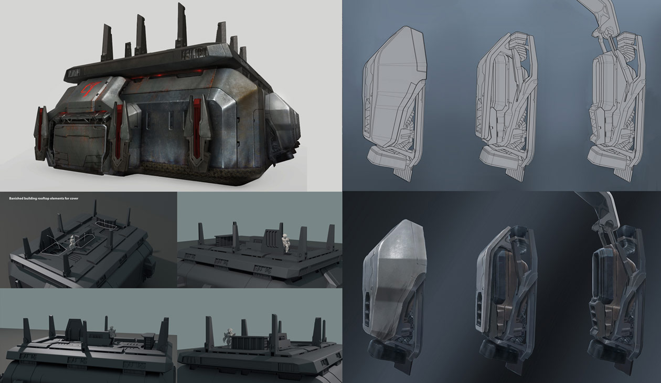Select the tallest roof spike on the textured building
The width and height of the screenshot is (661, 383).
tap(181, 24)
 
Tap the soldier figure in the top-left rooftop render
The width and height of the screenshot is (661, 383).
tap(72, 241)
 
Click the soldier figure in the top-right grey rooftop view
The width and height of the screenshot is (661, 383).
tap(286, 242)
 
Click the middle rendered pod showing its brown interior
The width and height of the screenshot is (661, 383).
tap(506, 294)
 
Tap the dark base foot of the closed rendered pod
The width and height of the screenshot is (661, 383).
tap(386, 350)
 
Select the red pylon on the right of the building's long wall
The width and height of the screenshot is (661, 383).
tap(197, 129)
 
